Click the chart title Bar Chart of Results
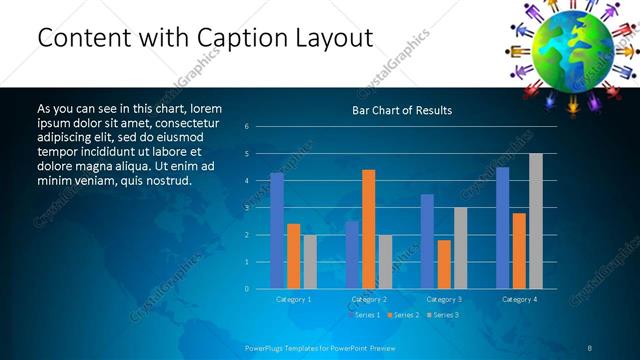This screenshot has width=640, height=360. (401, 110)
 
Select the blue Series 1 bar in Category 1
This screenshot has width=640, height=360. (277, 231)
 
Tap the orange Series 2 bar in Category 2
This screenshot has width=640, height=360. (368, 229)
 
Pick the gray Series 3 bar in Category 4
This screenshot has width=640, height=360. (535, 221)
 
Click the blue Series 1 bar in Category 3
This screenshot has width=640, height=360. (427, 241)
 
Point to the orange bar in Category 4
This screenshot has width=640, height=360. (519, 250)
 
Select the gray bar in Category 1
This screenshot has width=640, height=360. (310, 261)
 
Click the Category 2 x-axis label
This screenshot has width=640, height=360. (369, 299)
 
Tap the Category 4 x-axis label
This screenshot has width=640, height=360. (519, 299)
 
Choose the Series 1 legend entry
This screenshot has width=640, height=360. (365, 315)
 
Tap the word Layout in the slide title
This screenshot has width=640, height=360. (333, 38)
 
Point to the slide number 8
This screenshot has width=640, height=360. (589, 347)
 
